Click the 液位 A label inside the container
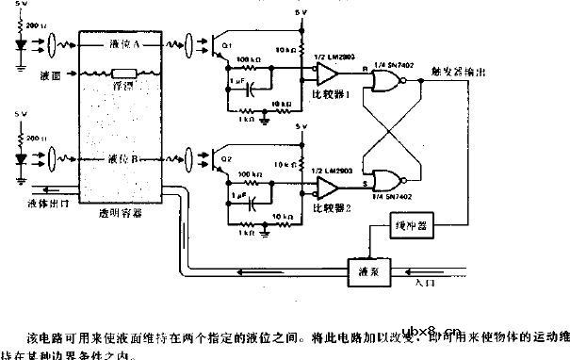122,43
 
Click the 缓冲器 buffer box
413,227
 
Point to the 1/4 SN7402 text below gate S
389,196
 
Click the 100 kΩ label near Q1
251,60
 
